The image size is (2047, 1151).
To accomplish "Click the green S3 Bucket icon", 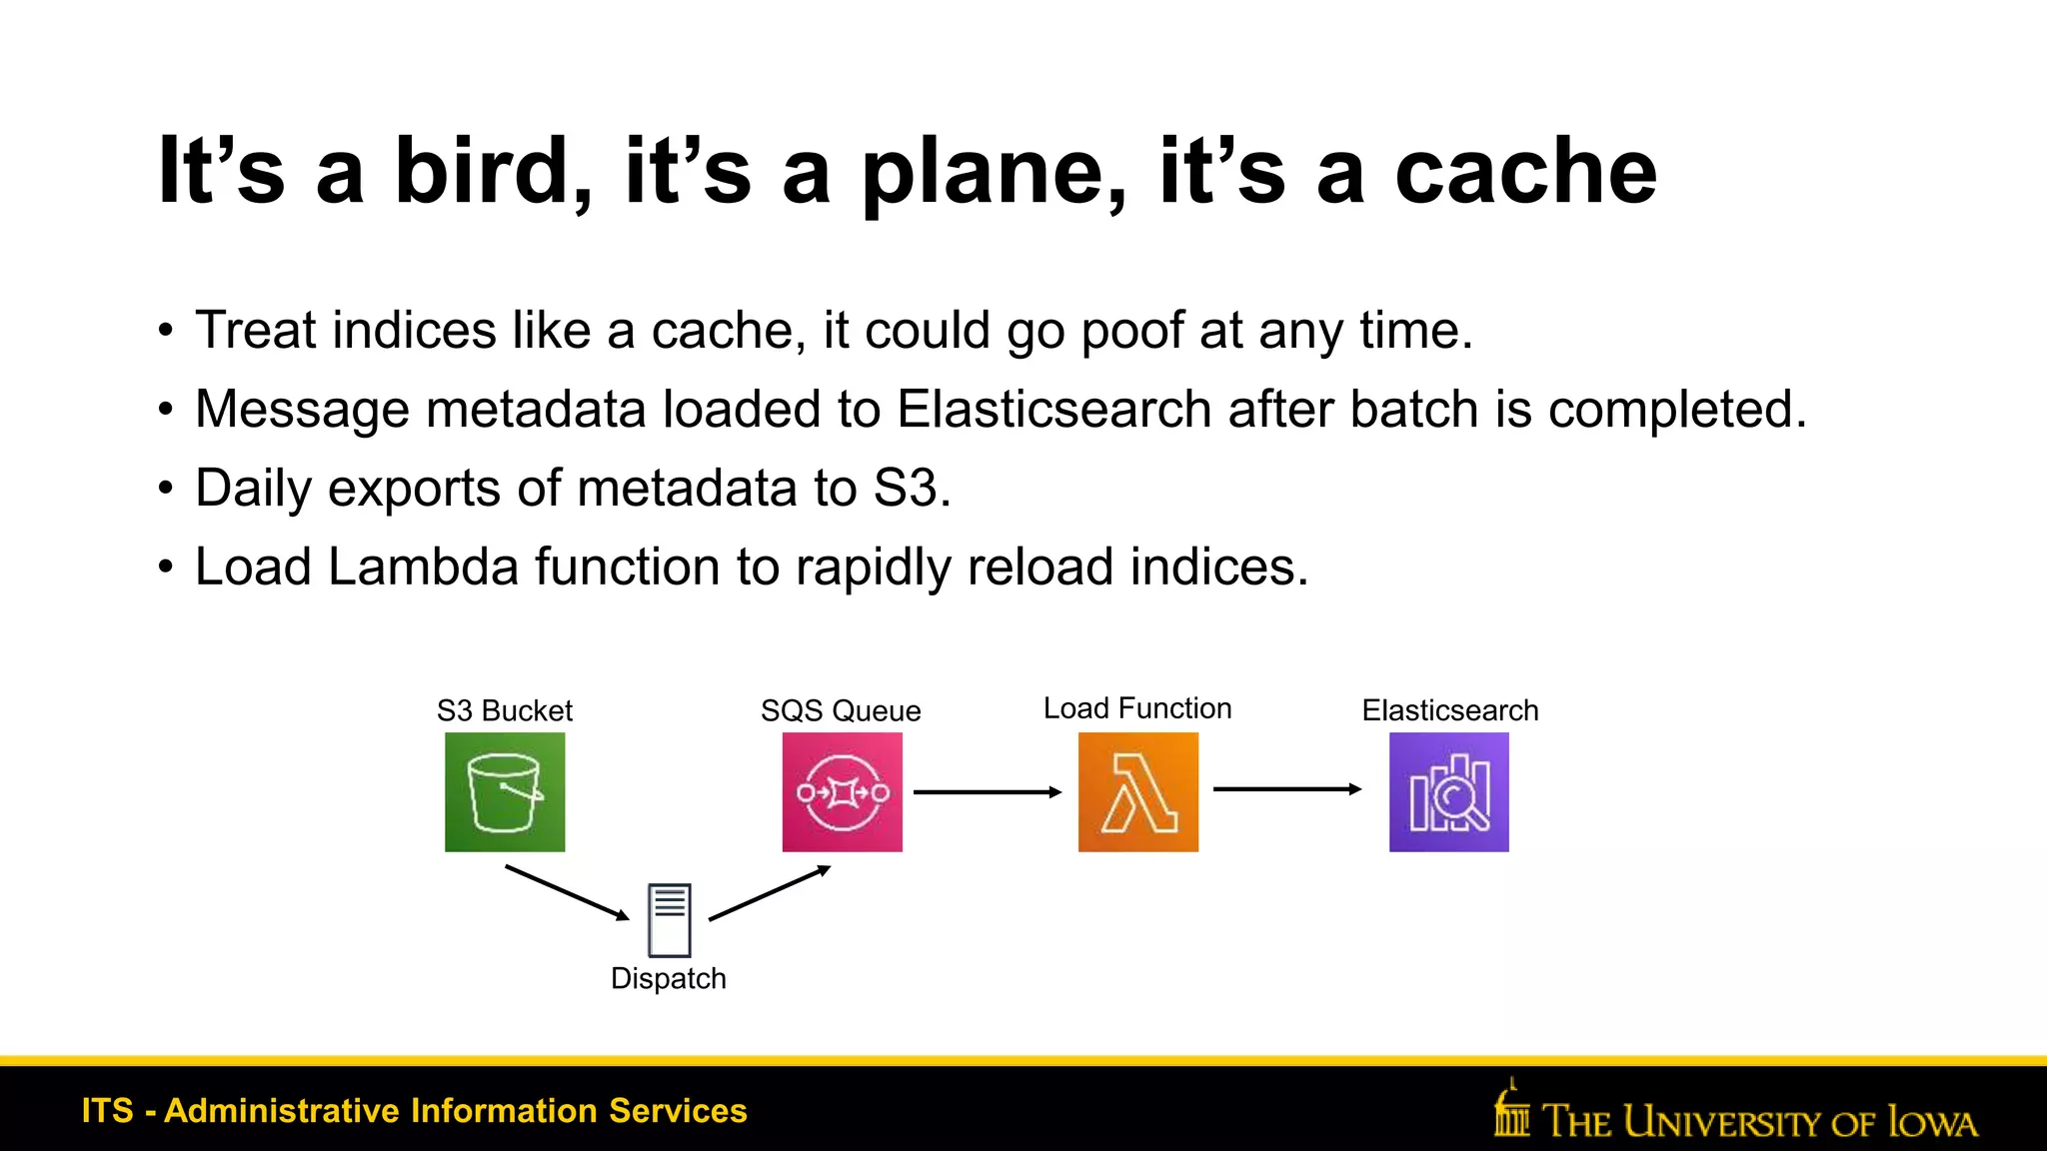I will pos(505,792).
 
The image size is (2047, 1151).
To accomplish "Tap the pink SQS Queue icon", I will pos(842,792).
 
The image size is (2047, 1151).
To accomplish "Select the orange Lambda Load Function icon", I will pos(1137,792).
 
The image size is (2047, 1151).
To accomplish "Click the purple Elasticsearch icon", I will pos(1448,792).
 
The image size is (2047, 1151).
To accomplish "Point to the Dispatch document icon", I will pos(669,920).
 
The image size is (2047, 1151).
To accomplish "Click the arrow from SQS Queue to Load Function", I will pos(987,792).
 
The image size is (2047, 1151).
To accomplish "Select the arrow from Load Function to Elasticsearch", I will pos(1286,789).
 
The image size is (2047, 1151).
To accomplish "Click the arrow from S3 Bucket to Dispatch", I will pos(567,892).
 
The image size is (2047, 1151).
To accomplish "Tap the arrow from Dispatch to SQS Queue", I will pos(770,892).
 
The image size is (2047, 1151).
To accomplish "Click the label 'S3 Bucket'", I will pos(505,710).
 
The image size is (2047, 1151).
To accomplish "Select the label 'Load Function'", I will pos(1137,708).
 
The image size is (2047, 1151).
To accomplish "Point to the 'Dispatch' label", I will pos(669,978).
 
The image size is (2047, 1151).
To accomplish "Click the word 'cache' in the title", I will pos(1525,172).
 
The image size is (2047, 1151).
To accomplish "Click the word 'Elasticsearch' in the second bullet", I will pos(1053,410).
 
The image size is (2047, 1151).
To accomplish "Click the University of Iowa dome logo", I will pos(1511,1109).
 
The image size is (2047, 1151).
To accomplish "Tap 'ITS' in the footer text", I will pos(107,1111).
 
